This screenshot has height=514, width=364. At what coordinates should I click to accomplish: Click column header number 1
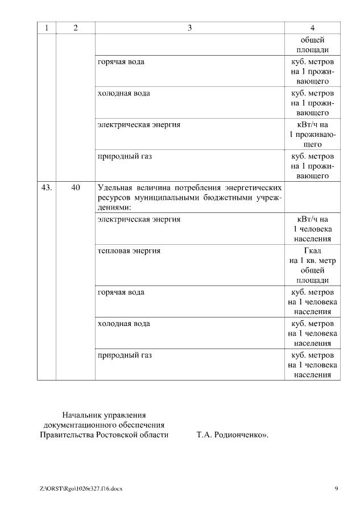[x=47, y=28]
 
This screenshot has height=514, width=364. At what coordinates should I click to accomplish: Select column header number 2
[x=76, y=28]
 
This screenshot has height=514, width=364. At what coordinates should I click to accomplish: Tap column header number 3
[x=190, y=28]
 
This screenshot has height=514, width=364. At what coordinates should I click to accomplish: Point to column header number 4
[x=312, y=28]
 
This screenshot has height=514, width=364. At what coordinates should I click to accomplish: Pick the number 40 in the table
[x=76, y=187]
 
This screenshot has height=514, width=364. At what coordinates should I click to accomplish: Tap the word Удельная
[x=116, y=187]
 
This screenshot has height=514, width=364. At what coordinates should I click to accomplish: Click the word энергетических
[x=252, y=187]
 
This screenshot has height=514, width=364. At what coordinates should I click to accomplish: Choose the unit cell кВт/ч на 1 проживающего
[x=312, y=135]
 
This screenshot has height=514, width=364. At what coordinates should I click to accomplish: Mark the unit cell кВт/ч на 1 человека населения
[x=312, y=229]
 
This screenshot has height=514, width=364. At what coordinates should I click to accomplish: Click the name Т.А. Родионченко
[x=231, y=435]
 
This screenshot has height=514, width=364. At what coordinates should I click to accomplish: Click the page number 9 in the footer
[x=337, y=488]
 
